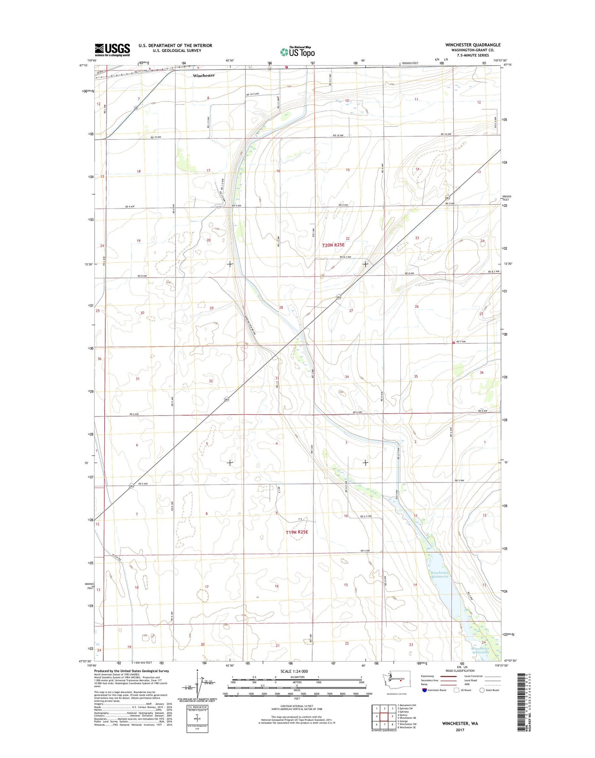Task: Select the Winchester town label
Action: [x=203, y=75]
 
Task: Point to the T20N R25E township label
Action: [x=333, y=245]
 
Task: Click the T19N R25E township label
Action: [x=297, y=532]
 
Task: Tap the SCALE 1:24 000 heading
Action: [x=297, y=671]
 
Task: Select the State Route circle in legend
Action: [x=482, y=690]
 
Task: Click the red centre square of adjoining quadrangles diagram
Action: [x=384, y=717]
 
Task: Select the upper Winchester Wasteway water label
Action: [x=439, y=574]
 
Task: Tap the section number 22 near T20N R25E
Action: [x=347, y=238]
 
